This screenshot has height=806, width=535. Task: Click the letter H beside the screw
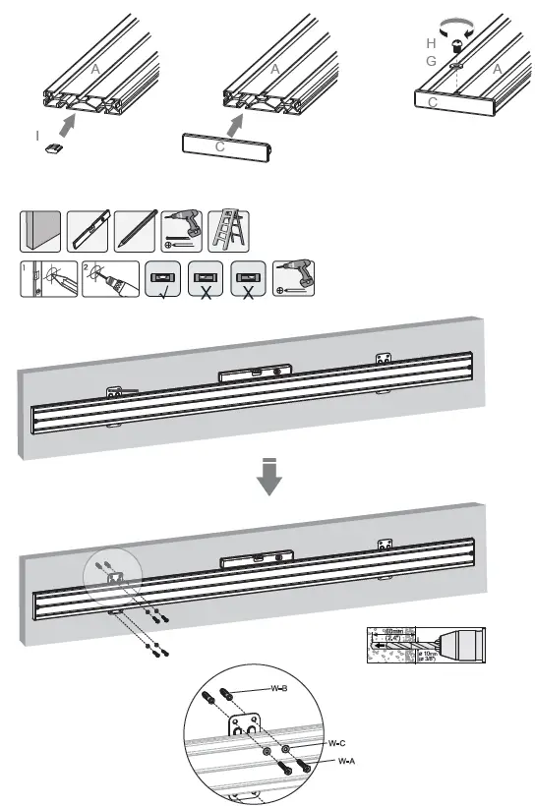pyautogui.click(x=431, y=44)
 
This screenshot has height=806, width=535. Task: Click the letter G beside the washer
pyautogui.click(x=431, y=61)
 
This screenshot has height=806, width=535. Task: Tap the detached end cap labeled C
pyautogui.click(x=226, y=145)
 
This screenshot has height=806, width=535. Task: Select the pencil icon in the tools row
pyautogui.click(x=135, y=230)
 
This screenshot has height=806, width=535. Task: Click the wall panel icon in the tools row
pyautogui.click(x=40, y=230)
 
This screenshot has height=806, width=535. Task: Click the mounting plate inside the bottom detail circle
pyautogui.click(x=248, y=732)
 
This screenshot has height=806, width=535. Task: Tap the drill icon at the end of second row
pyautogui.click(x=293, y=279)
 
